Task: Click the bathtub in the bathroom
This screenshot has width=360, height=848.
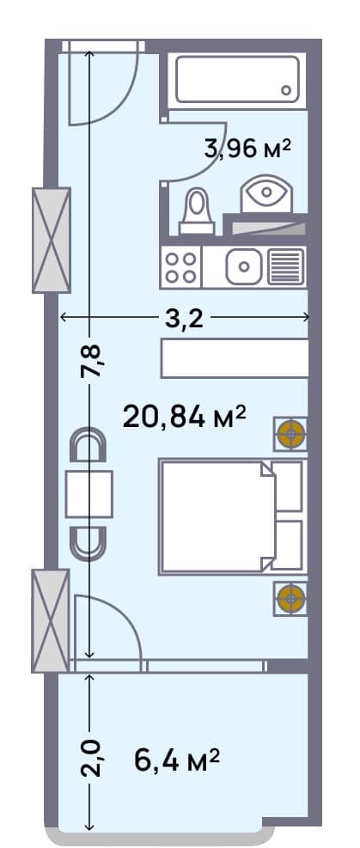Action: pos(237,80)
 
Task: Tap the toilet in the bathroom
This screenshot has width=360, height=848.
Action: pos(198,210)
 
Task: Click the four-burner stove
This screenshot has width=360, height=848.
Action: pos(180,266)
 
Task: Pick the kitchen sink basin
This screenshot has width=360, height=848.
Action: pos(245,266)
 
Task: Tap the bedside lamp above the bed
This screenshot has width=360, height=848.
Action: pos(291,434)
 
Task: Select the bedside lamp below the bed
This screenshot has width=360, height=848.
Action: pos(291,595)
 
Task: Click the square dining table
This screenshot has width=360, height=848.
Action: pos(88,493)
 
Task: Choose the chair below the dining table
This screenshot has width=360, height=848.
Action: pos(88,540)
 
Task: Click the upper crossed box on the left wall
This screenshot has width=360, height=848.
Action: pos(51,239)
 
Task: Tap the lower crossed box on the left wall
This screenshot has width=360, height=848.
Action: pos(50,620)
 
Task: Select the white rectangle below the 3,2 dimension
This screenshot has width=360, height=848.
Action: pos(234,358)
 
